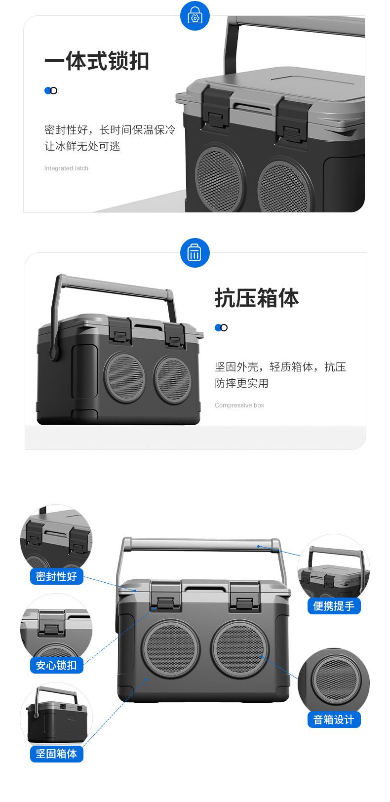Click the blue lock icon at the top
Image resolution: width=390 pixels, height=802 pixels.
pos(195,16)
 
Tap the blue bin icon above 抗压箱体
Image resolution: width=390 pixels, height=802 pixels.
pos(195,253)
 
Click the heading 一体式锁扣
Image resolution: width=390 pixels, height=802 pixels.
pos(97,61)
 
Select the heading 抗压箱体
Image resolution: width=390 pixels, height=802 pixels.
pos(257,298)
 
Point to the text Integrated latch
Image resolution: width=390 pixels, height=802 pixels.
pos(66,168)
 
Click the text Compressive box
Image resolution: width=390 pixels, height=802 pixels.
pos(239,405)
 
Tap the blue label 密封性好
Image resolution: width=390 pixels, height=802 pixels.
pos(57,576)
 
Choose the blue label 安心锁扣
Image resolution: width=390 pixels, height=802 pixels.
pos(57,665)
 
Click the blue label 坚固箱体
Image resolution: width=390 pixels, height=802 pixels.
pos(57,754)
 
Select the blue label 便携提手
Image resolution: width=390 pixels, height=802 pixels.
pos(334,606)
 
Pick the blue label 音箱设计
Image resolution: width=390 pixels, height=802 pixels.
pos(334,720)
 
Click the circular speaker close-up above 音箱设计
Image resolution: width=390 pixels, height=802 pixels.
pos(334,680)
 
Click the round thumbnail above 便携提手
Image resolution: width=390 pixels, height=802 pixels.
pos(334,567)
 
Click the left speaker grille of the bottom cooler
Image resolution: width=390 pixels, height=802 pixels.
pos(171,648)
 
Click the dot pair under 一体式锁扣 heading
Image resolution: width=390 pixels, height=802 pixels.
pos(51,90)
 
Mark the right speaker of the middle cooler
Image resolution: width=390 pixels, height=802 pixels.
pos(173,379)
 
